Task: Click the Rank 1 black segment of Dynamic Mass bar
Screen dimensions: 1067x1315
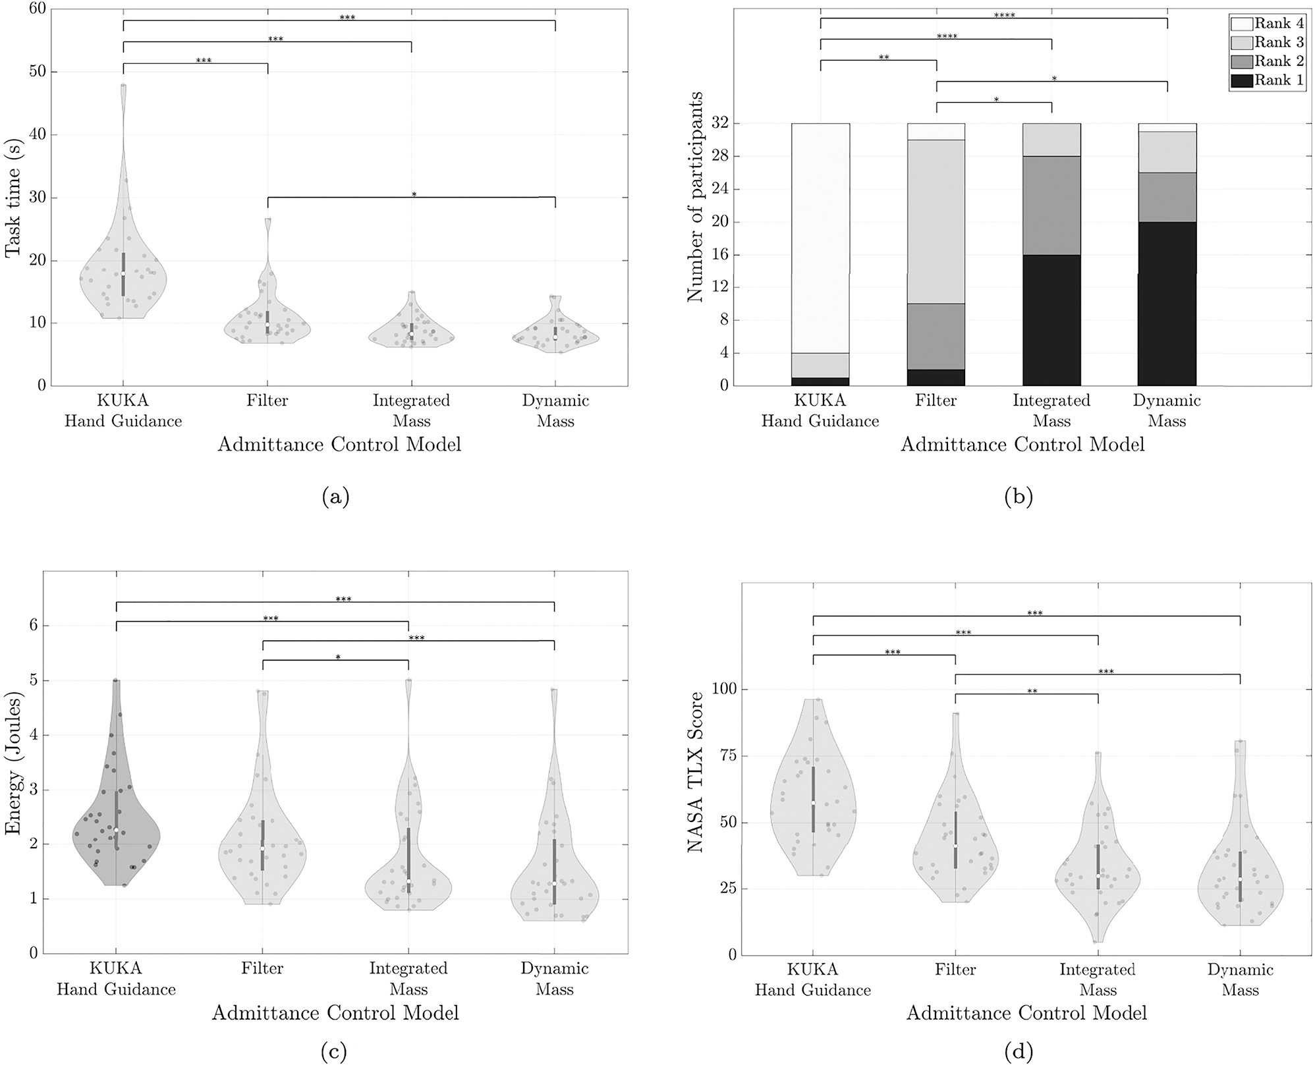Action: (1167, 304)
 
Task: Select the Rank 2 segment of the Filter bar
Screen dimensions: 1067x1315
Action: (936, 336)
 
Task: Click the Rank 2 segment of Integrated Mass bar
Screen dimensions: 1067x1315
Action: (1051, 205)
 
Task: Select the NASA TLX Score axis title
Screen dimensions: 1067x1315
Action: (696, 771)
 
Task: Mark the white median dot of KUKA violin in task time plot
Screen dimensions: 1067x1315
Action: (123, 273)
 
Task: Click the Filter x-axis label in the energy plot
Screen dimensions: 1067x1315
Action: (262, 968)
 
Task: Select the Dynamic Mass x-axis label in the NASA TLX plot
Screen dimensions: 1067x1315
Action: (1240, 980)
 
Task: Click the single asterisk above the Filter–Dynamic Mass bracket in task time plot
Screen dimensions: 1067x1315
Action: (414, 194)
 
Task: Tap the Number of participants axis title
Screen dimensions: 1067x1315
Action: (696, 197)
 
